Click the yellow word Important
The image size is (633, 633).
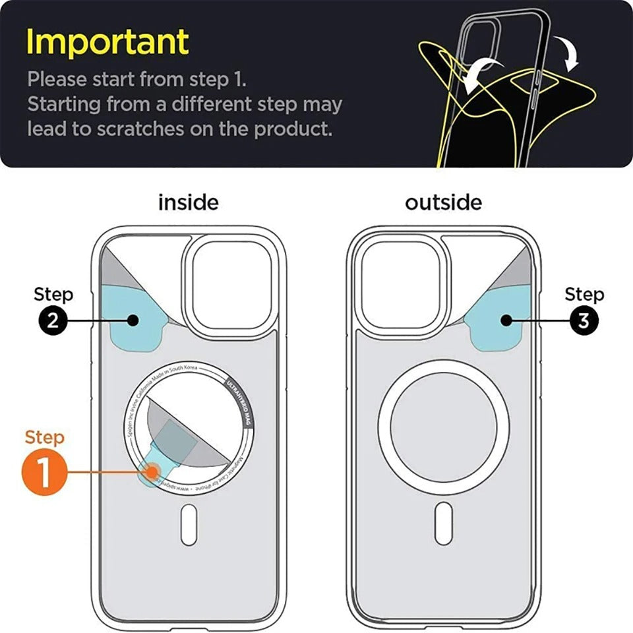(107, 42)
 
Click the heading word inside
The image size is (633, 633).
(188, 202)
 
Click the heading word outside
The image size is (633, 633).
(443, 202)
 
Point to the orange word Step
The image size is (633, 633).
(45, 437)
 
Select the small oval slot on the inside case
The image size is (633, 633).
(189, 524)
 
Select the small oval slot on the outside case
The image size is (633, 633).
(444, 524)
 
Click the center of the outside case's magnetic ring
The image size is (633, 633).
(443, 427)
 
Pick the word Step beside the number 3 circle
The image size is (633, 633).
(584, 294)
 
